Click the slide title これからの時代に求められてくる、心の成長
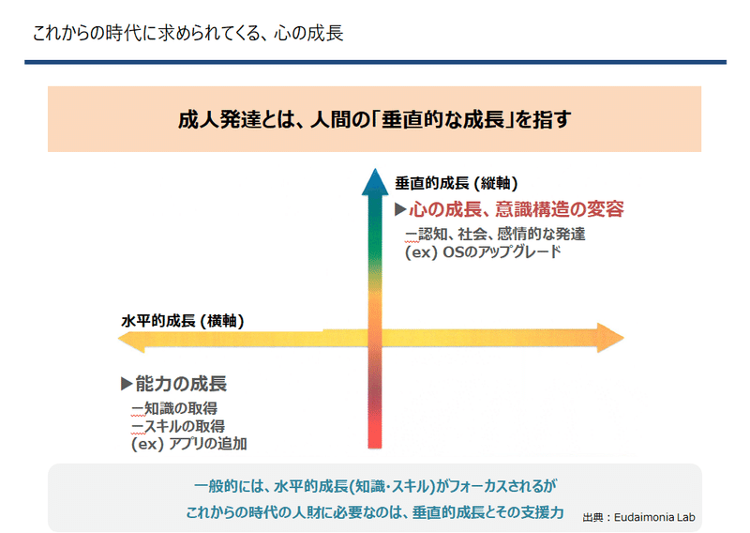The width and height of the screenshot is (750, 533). pos(188,34)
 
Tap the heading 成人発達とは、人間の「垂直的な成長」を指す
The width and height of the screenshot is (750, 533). pos(374,119)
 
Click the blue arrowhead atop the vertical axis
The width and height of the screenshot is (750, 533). pos(375,182)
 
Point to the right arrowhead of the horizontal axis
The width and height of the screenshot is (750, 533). pos(610,338)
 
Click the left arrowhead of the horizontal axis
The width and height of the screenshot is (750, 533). pos(131,340)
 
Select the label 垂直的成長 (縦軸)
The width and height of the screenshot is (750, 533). pos(457,183)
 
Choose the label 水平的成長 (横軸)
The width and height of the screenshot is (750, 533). pos(183,320)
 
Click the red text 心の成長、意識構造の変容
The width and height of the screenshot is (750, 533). pos(517,209)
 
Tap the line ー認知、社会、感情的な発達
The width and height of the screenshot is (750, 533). pos(495,234)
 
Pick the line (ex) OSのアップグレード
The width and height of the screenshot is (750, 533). pos(483,251)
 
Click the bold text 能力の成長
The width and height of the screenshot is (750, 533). pos(181,384)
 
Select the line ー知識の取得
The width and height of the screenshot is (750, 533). pos(174,408)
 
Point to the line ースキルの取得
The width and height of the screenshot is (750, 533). pos(178,426)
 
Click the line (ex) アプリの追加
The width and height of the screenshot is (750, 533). pos(189,444)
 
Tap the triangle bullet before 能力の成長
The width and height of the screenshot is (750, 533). pos(127,384)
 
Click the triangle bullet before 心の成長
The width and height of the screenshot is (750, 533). pos(400,209)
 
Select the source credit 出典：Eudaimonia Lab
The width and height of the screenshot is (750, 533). pos(638,517)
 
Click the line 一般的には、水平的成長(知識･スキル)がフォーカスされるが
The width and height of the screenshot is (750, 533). pos(375,486)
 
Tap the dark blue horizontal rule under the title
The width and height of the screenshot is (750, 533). pos(376,62)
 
